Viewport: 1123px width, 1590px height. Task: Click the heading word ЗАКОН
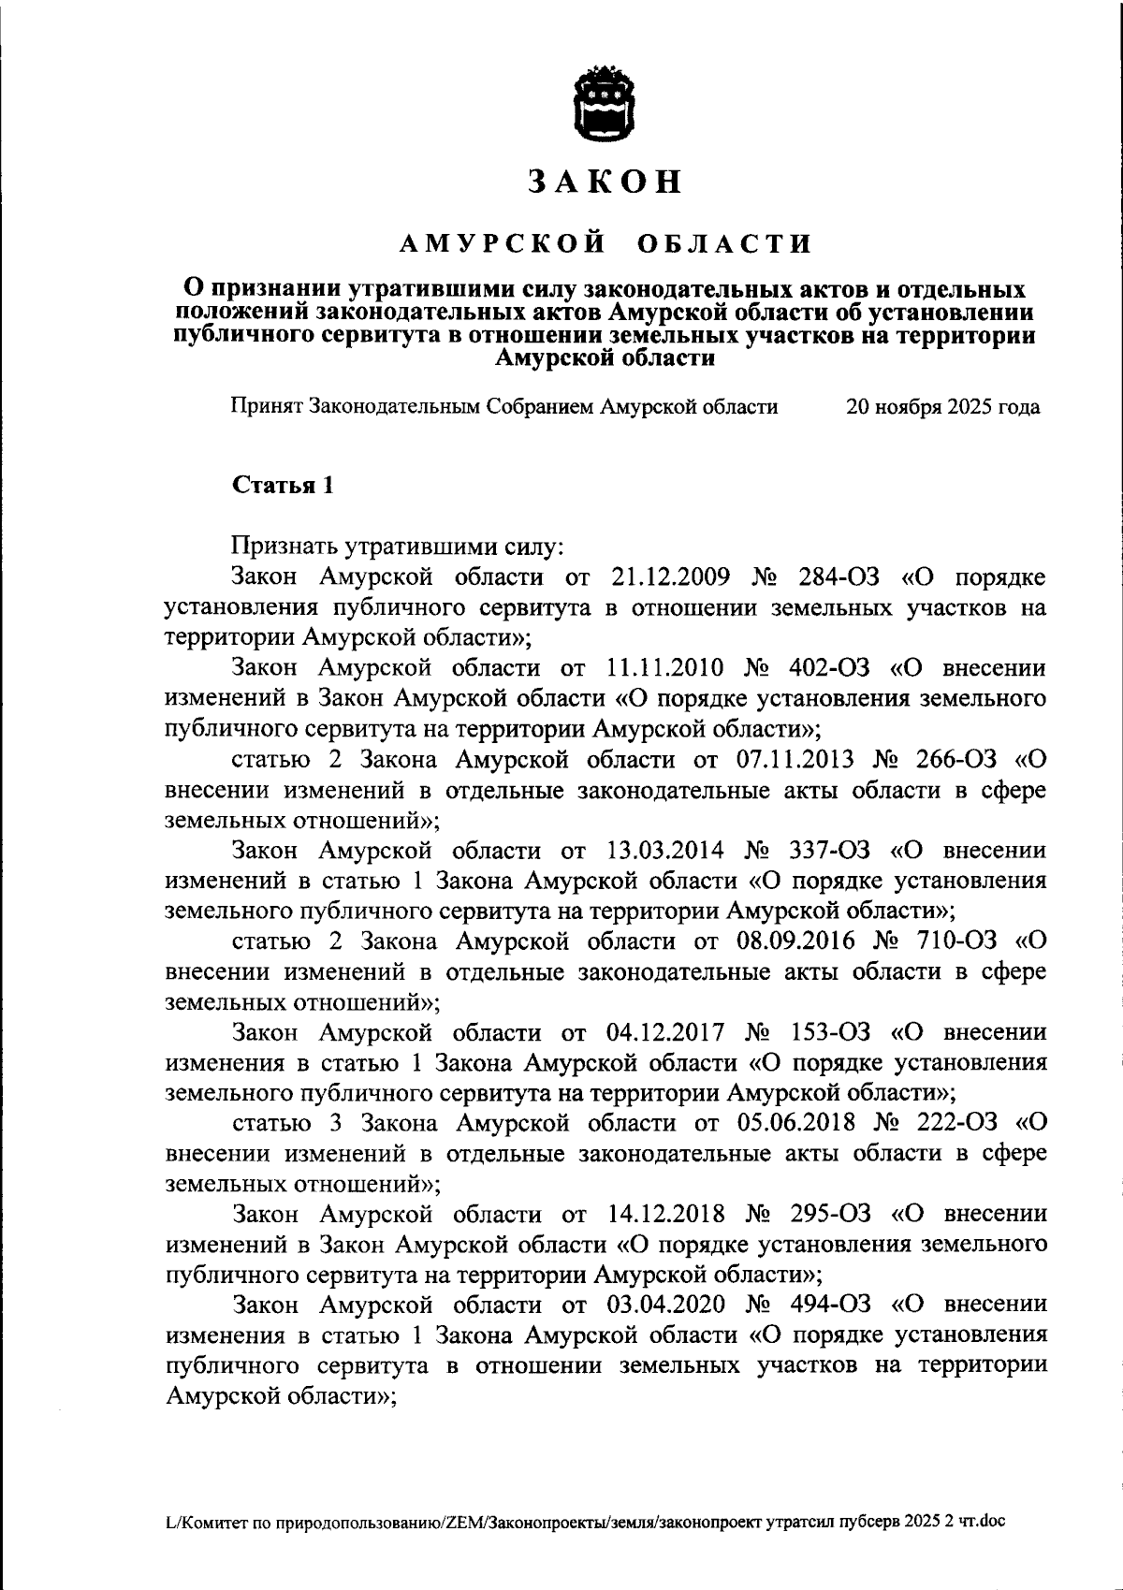(x=605, y=182)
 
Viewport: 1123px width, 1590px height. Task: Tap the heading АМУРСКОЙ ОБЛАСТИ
(x=605, y=245)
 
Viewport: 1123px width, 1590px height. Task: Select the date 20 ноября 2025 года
(x=941, y=407)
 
